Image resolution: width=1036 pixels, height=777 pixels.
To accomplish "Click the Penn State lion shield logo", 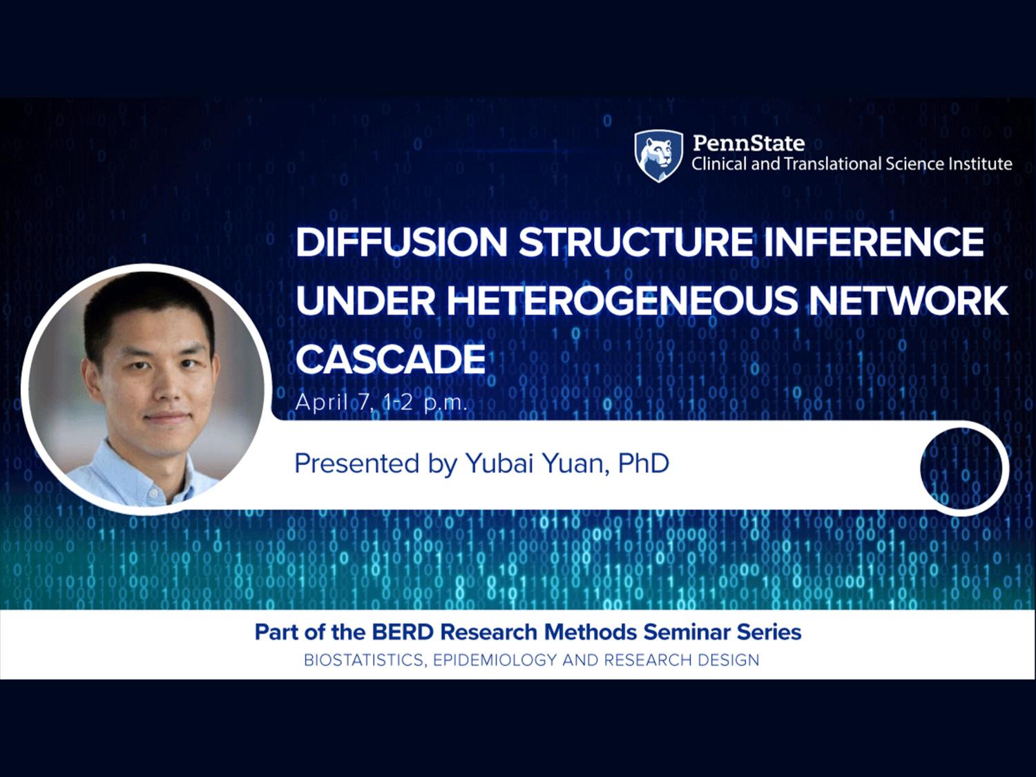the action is click(658, 156).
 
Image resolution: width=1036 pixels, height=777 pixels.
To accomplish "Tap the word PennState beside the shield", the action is click(749, 143).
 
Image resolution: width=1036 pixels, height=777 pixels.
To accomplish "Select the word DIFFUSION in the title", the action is click(401, 242).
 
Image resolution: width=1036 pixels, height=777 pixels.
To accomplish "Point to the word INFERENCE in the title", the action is click(873, 242).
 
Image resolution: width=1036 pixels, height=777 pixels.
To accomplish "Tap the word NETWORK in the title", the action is click(908, 300).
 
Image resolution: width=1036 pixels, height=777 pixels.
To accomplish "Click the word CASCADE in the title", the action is click(390, 359).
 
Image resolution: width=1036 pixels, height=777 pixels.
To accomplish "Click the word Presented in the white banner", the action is click(357, 463).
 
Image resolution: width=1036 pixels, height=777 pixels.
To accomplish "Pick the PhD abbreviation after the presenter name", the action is click(644, 463).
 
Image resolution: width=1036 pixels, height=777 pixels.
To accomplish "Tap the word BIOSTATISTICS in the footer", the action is click(365, 660).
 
